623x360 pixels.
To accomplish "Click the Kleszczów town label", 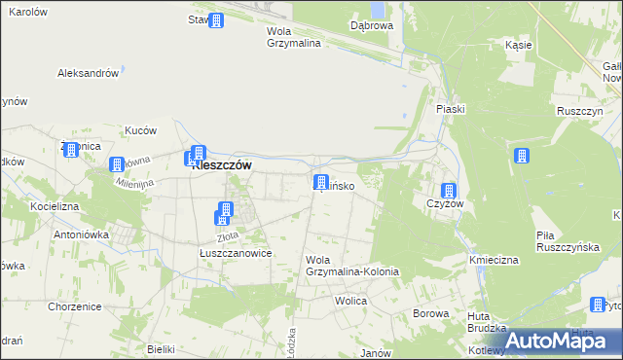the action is pyautogui.click(x=222, y=165).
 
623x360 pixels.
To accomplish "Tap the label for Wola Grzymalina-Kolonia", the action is pyautogui.click(x=351, y=266).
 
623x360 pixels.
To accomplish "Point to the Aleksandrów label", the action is pyautogui.click(x=89, y=73).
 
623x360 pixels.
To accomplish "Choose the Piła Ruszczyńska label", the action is pyautogui.click(x=565, y=242).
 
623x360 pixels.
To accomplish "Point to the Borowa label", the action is pyautogui.click(x=429, y=313).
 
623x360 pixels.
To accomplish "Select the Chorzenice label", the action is pyautogui.click(x=75, y=306).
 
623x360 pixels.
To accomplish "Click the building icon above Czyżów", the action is pyautogui.click(x=449, y=192).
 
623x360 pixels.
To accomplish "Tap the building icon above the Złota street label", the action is pyautogui.click(x=225, y=210).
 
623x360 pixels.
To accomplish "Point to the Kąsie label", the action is pyautogui.click(x=518, y=45).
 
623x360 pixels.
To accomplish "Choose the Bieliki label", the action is pyautogui.click(x=160, y=348).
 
